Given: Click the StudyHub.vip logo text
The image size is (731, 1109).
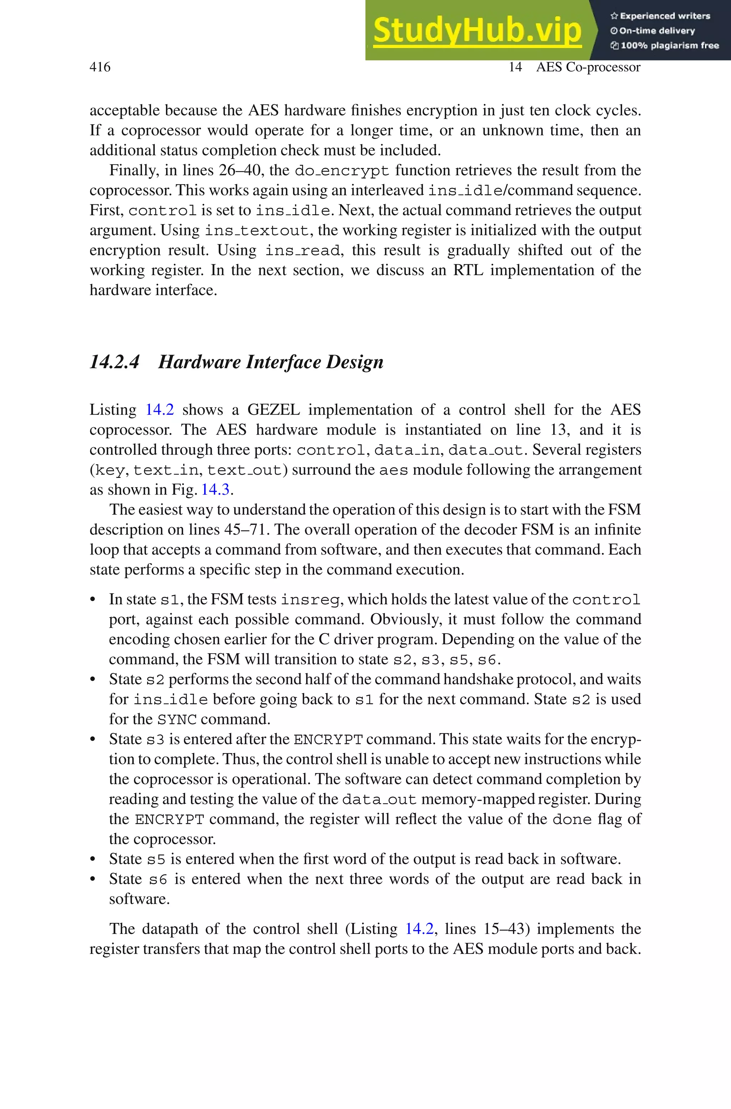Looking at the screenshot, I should pyautogui.click(x=477, y=30).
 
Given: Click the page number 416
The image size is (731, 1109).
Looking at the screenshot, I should pyautogui.click(x=100, y=67).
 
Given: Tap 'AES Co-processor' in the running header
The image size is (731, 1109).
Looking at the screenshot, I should pyautogui.click(x=588, y=67).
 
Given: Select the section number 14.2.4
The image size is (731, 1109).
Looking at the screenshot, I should pyautogui.click(x=114, y=362).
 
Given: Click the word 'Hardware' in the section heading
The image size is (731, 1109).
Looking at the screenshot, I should pyautogui.click(x=200, y=362).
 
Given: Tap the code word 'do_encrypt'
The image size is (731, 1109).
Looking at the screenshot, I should pyautogui.click(x=342, y=171).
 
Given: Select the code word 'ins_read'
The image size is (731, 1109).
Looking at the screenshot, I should pyautogui.click(x=303, y=250).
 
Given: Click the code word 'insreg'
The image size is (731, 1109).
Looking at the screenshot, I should pyautogui.click(x=310, y=600).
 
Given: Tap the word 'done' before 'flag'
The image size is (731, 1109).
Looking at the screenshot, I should pyautogui.click(x=571, y=819).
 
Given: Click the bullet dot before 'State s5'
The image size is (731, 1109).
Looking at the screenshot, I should pyautogui.click(x=93, y=859).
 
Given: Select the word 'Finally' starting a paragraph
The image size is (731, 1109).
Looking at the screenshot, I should pyautogui.click(x=134, y=170).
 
